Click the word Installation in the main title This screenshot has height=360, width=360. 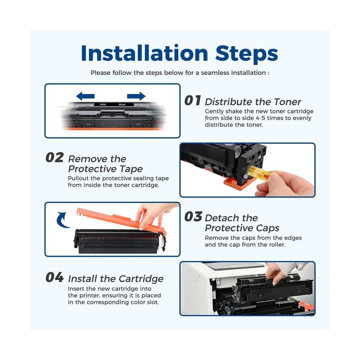pyautogui.click(x=144, y=53)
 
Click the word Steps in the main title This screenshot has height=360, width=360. pyautogui.click(x=247, y=54)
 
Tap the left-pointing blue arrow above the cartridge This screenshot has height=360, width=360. pyautogui.click(x=85, y=96)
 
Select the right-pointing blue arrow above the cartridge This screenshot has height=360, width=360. pyautogui.click(x=136, y=96)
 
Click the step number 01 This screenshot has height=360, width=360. pyautogui.click(x=193, y=100)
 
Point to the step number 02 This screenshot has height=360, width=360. pyautogui.click(x=54, y=157)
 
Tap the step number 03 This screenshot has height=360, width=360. pyautogui.click(x=193, y=217)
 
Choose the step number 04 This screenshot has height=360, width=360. pyautogui.click(x=54, y=277)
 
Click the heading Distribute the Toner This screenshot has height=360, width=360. pyautogui.click(x=253, y=102)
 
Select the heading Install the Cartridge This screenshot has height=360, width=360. pyautogui.click(x=116, y=279)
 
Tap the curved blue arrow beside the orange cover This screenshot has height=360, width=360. pyautogui.click(x=63, y=220)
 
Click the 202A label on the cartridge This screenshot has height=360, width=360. pyautogui.click(x=103, y=104)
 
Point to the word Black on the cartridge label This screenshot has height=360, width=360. pyautogui.click(x=122, y=104)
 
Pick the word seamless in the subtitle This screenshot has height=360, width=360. pyautogui.click(x=215, y=73)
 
